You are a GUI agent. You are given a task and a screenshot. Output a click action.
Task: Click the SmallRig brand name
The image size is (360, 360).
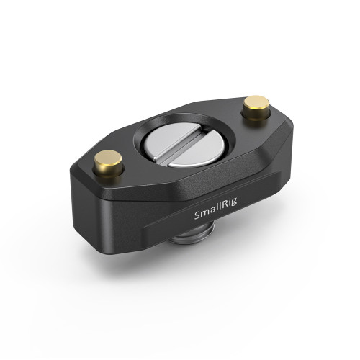tap(218, 214)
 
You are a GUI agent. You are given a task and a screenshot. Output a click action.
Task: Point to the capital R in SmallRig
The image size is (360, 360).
tap(227, 214)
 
